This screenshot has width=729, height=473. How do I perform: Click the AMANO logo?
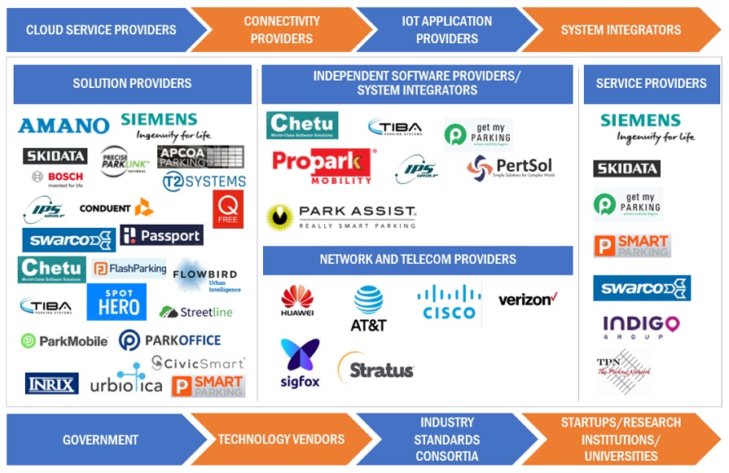tap(64, 125)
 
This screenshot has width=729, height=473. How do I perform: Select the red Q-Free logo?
tap(228, 209)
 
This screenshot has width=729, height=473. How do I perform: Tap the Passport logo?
tap(161, 235)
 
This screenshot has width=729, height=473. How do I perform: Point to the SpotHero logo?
tap(116, 301)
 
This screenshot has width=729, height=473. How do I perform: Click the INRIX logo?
tap(51, 383)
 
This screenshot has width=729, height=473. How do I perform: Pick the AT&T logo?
tap(368, 308)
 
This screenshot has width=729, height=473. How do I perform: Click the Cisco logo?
tap(449, 302)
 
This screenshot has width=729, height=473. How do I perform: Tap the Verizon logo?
tap(527, 299)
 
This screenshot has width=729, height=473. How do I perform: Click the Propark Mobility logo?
tap(322, 165)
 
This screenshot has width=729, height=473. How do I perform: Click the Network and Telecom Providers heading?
tap(417, 260)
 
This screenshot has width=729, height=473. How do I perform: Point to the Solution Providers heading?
tap(132, 83)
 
